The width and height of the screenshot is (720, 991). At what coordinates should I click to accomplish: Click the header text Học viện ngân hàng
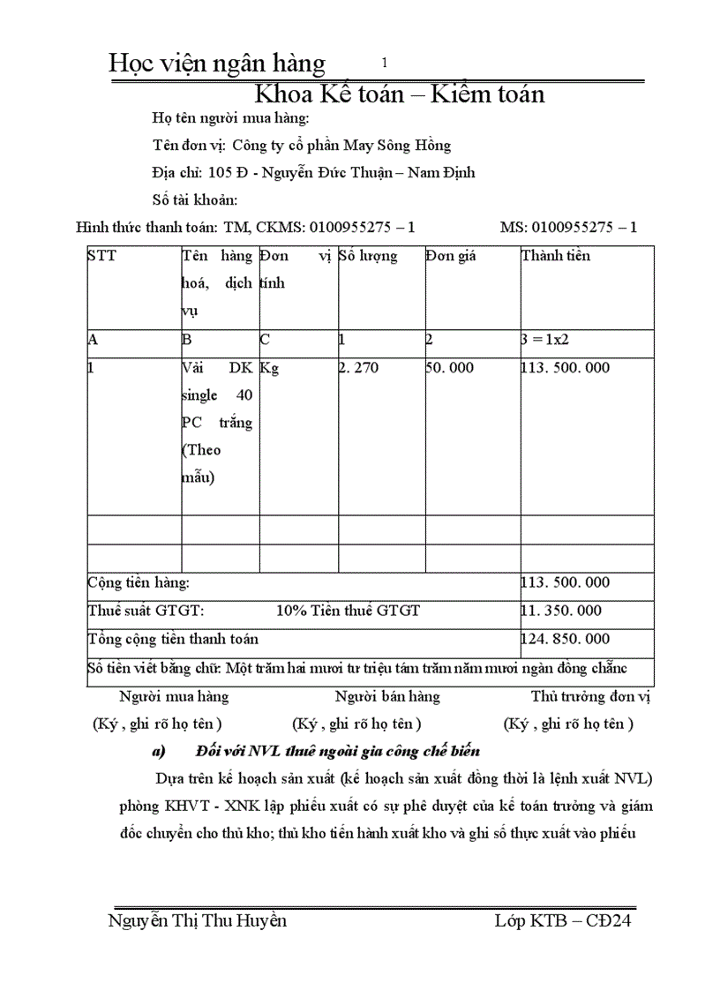pyautogui.click(x=216, y=64)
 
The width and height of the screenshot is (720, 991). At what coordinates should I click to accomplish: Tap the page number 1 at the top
pyautogui.click(x=385, y=63)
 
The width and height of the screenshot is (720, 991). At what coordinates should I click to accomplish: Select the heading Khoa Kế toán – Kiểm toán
pyautogui.click(x=399, y=93)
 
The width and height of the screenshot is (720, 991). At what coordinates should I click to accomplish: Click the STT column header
pyautogui.click(x=101, y=257)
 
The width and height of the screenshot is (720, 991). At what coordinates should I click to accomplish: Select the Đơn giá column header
pyautogui.click(x=450, y=257)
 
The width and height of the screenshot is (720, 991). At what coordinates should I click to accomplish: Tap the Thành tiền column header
pyautogui.click(x=556, y=257)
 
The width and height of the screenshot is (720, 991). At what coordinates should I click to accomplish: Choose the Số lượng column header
pyautogui.click(x=368, y=257)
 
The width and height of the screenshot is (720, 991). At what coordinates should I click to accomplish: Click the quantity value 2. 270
pyautogui.click(x=359, y=368)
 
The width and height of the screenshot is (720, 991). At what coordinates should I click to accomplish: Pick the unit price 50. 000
pyautogui.click(x=450, y=368)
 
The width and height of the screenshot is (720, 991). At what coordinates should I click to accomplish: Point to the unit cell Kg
pyautogui.click(x=269, y=368)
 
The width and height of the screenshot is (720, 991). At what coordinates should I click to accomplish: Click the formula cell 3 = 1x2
pyautogui.click(x=552, y=340)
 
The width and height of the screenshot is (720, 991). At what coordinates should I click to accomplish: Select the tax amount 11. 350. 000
pyautogui.click(x=562, y=611)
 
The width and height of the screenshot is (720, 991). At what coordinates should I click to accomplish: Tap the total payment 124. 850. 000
pyautogui.click(x=566, y=639)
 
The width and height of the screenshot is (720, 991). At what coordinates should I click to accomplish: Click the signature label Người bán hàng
pyautogui.click(x=387, y=696)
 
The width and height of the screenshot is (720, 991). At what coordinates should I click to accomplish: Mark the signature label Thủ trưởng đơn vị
pyautogui.click(x=590, y=696)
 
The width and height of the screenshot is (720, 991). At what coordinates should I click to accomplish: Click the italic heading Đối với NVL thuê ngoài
pyautogui.click(x=338, y=752)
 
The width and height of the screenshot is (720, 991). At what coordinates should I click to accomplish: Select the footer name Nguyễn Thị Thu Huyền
pyautogui.click(x=197, y=921)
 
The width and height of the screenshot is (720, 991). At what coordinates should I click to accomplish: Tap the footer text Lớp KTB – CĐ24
pyautogui.click(x=563, y=921)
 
